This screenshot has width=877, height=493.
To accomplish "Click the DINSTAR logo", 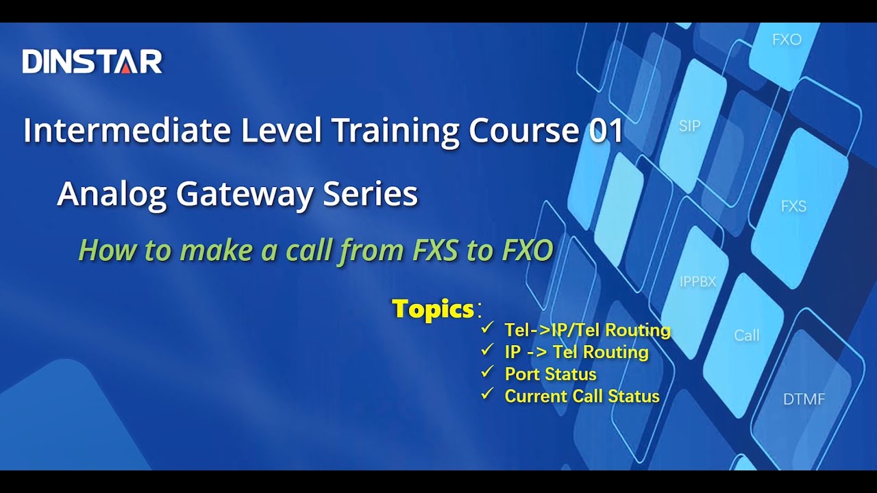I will click(x=92, y=62).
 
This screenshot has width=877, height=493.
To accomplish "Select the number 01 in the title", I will click(x=606, y=130).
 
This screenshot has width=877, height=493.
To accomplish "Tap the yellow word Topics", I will click(x=433, y=309).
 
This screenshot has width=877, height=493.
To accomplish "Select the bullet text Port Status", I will click(x=550, y=374).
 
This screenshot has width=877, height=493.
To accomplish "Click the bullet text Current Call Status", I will click(x=582, y=396).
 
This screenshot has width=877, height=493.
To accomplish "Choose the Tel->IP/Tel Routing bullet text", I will click(x=587, y=330).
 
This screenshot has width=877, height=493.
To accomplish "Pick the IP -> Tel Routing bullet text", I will click(x=576, y=352).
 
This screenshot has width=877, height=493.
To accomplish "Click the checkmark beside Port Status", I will click(x=487, y=372).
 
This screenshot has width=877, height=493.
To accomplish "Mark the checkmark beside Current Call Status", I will click(x=487, y=394).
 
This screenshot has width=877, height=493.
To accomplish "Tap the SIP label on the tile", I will click(x=689, y=126).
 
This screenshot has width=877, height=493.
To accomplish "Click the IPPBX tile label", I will click(x=697, y=281).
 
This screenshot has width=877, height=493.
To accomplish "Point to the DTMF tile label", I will click(x=804, y=399).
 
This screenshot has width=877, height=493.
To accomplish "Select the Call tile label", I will click(x=746, y=336).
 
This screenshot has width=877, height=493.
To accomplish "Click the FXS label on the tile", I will click(x=793, y=206).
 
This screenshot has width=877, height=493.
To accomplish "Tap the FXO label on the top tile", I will click(x=787, y=40).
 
